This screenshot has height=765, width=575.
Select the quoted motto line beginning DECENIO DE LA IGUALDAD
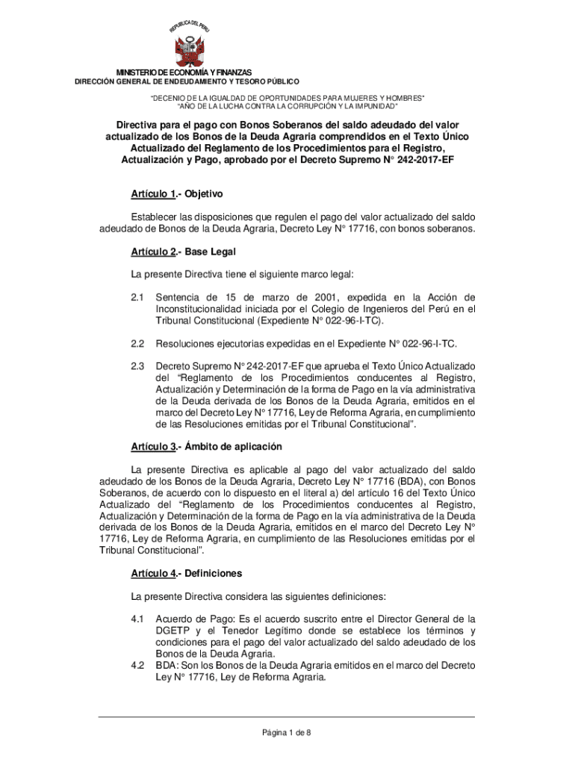287,98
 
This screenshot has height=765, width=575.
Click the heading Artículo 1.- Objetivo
177,194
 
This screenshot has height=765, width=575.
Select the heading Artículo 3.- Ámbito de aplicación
206,447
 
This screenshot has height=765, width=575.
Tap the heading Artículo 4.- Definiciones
187,574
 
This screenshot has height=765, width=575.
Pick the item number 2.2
137,344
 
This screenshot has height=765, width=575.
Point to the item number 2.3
137,366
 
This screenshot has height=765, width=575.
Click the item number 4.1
137,619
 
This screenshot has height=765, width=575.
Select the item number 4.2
137,665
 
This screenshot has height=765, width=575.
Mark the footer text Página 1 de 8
287,733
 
